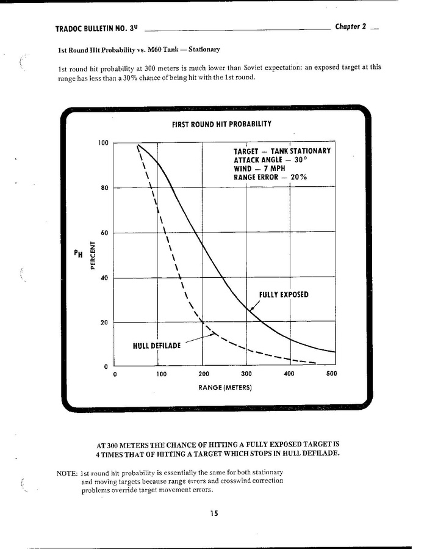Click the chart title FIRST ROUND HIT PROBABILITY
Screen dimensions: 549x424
click(221, 124)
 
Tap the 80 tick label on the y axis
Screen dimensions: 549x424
click(104, 188)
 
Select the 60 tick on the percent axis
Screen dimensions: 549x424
click(104, 233)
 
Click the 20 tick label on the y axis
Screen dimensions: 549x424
click(104, 322)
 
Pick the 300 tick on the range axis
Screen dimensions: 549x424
click(246, 374)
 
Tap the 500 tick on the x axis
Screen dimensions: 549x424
click(331, 374)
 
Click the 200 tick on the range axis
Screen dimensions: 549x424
click(204, 374)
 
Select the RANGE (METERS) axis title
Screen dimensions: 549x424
click(225, 388)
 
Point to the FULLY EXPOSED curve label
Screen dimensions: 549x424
click(284, 294)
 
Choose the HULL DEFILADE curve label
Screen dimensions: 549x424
click(157, 346)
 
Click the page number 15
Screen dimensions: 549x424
click(214, 514)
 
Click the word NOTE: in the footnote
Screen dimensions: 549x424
click(66, 474)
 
